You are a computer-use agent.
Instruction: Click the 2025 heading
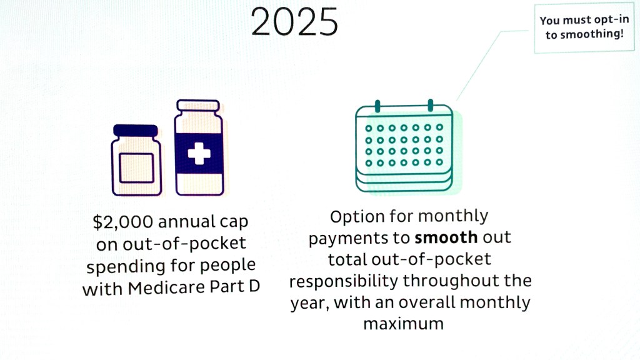pos(294,22)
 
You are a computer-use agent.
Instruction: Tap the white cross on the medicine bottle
pos(199,153)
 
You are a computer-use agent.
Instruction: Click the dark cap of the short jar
pos(136,131)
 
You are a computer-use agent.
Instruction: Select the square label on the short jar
pos(137,167)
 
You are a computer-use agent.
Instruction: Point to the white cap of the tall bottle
pos(198,105)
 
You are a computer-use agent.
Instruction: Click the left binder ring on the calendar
pos(377,106)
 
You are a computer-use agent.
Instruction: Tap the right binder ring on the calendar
pos(430,105)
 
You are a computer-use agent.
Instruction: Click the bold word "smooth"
pos(446,237)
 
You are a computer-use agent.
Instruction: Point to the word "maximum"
pos(403,324)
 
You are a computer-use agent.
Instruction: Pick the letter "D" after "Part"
pos(254,286)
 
